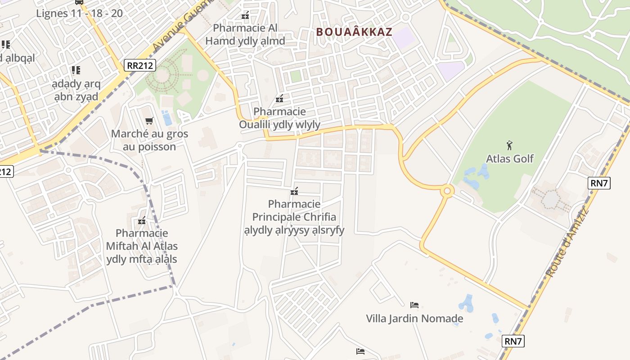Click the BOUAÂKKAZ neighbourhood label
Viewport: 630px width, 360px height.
coord(354,32)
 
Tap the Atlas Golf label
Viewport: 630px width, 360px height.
coord(509,158)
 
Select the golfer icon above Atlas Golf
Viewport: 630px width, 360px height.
coord(509,145)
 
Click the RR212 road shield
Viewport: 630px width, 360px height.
coord(140,65)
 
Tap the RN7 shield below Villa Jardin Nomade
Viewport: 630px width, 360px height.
coord(513,341)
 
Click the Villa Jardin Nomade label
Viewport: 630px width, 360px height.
coord(414,319)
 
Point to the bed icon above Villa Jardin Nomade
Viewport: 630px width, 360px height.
coord(414,305)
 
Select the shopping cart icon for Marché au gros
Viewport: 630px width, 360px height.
coord(149,121)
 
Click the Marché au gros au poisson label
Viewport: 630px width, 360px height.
coord(149,140)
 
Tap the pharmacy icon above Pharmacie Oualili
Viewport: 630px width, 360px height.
coord(279,98)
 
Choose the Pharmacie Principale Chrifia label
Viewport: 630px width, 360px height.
coord(294,217)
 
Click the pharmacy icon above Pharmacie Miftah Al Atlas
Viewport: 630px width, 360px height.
coord(142,220)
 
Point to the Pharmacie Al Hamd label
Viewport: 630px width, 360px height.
coord(245,34)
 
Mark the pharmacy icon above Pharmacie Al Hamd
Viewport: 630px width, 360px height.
coord(245,16)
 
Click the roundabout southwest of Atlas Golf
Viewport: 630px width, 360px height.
coord(447,191)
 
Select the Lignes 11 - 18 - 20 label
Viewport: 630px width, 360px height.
coord(79,13)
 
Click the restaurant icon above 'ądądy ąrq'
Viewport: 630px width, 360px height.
coord(76,70)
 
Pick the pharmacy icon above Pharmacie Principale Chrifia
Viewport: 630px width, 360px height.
coord(295,191)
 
